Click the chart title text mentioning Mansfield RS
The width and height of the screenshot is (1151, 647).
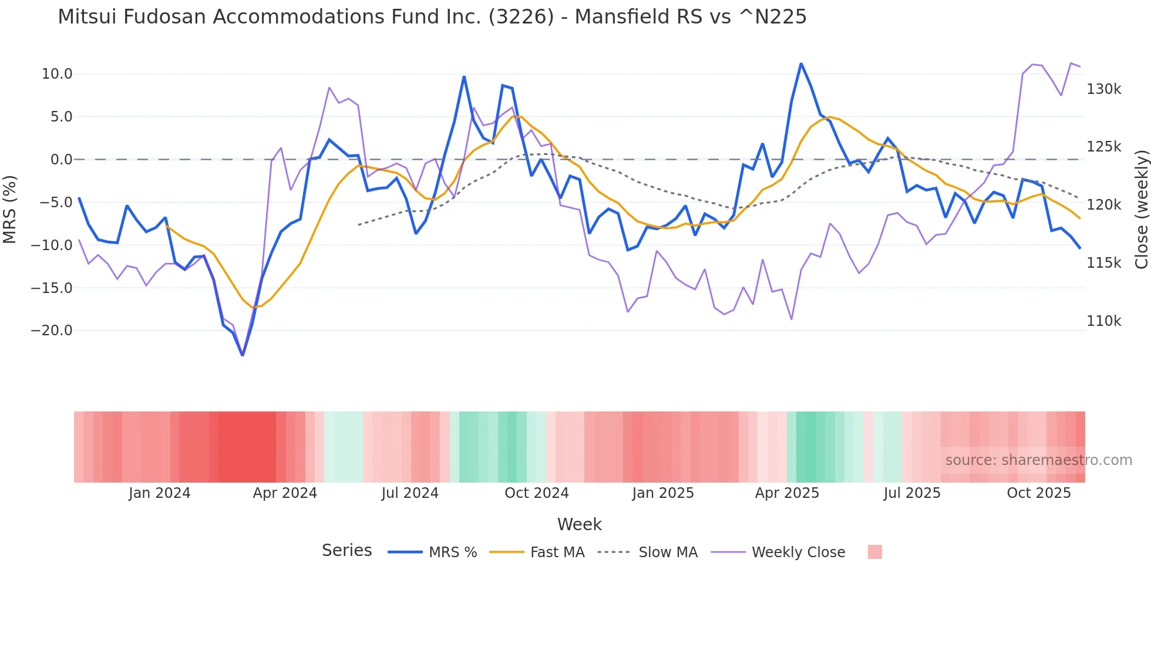pyautogui.click(x=432, y=17)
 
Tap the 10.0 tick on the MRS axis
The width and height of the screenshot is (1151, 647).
pyautogui.click(x=56, y=74)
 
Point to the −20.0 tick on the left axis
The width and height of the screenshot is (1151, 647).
pyautogui.click(x=52, y=331)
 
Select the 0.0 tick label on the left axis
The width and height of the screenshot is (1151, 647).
pyautogui.click(x=61, y=160)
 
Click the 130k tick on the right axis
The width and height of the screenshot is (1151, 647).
pyautogui.click(x=1103, y=89)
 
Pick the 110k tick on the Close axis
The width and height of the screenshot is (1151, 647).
pyautogui.click(x=1103, y=321)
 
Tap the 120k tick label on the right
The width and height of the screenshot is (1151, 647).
pyautogui.click(x=1103, y=205)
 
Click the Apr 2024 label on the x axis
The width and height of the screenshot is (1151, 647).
pyautogui.click(x=285, y=493)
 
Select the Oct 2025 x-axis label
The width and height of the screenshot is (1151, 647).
pyautogui.click(x=1038, y=493)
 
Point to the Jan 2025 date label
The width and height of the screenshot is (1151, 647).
pyautogui.click(x=662, y=493)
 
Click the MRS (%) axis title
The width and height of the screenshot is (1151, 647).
pyautogui.click(x=10, y=209)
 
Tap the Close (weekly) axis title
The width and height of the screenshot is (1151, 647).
pyautogui.click(x=1141, y=209)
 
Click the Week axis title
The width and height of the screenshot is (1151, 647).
pyautogui.click(x=579, y=524)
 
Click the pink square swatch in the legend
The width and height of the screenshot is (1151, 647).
pyautogui.click(x=874, y=552)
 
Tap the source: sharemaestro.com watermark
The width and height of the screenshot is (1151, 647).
pyautogui.click(x=1038, y=460)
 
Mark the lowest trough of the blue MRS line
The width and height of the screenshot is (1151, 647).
pyautogui.click(x=243, y=355)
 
